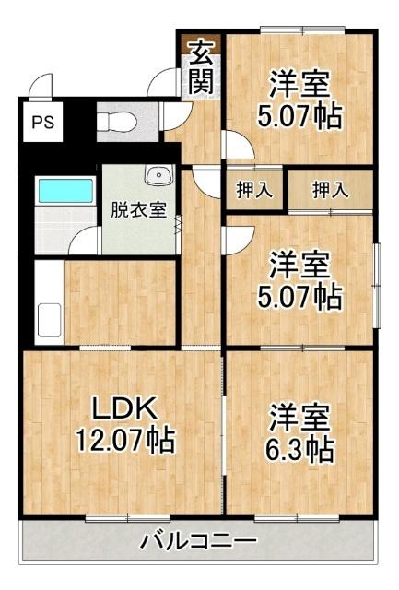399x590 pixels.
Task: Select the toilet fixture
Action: tap(116, 121)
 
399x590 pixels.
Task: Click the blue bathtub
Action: tap(64, 191)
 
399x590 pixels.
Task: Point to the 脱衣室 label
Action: tap(138, 209)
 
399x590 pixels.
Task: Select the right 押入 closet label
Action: tap(330, 191)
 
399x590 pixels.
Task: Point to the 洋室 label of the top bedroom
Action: tap(300, 84)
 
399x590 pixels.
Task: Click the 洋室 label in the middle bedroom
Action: tap(300, 265)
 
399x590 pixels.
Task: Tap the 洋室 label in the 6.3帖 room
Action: tap(300, 418)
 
